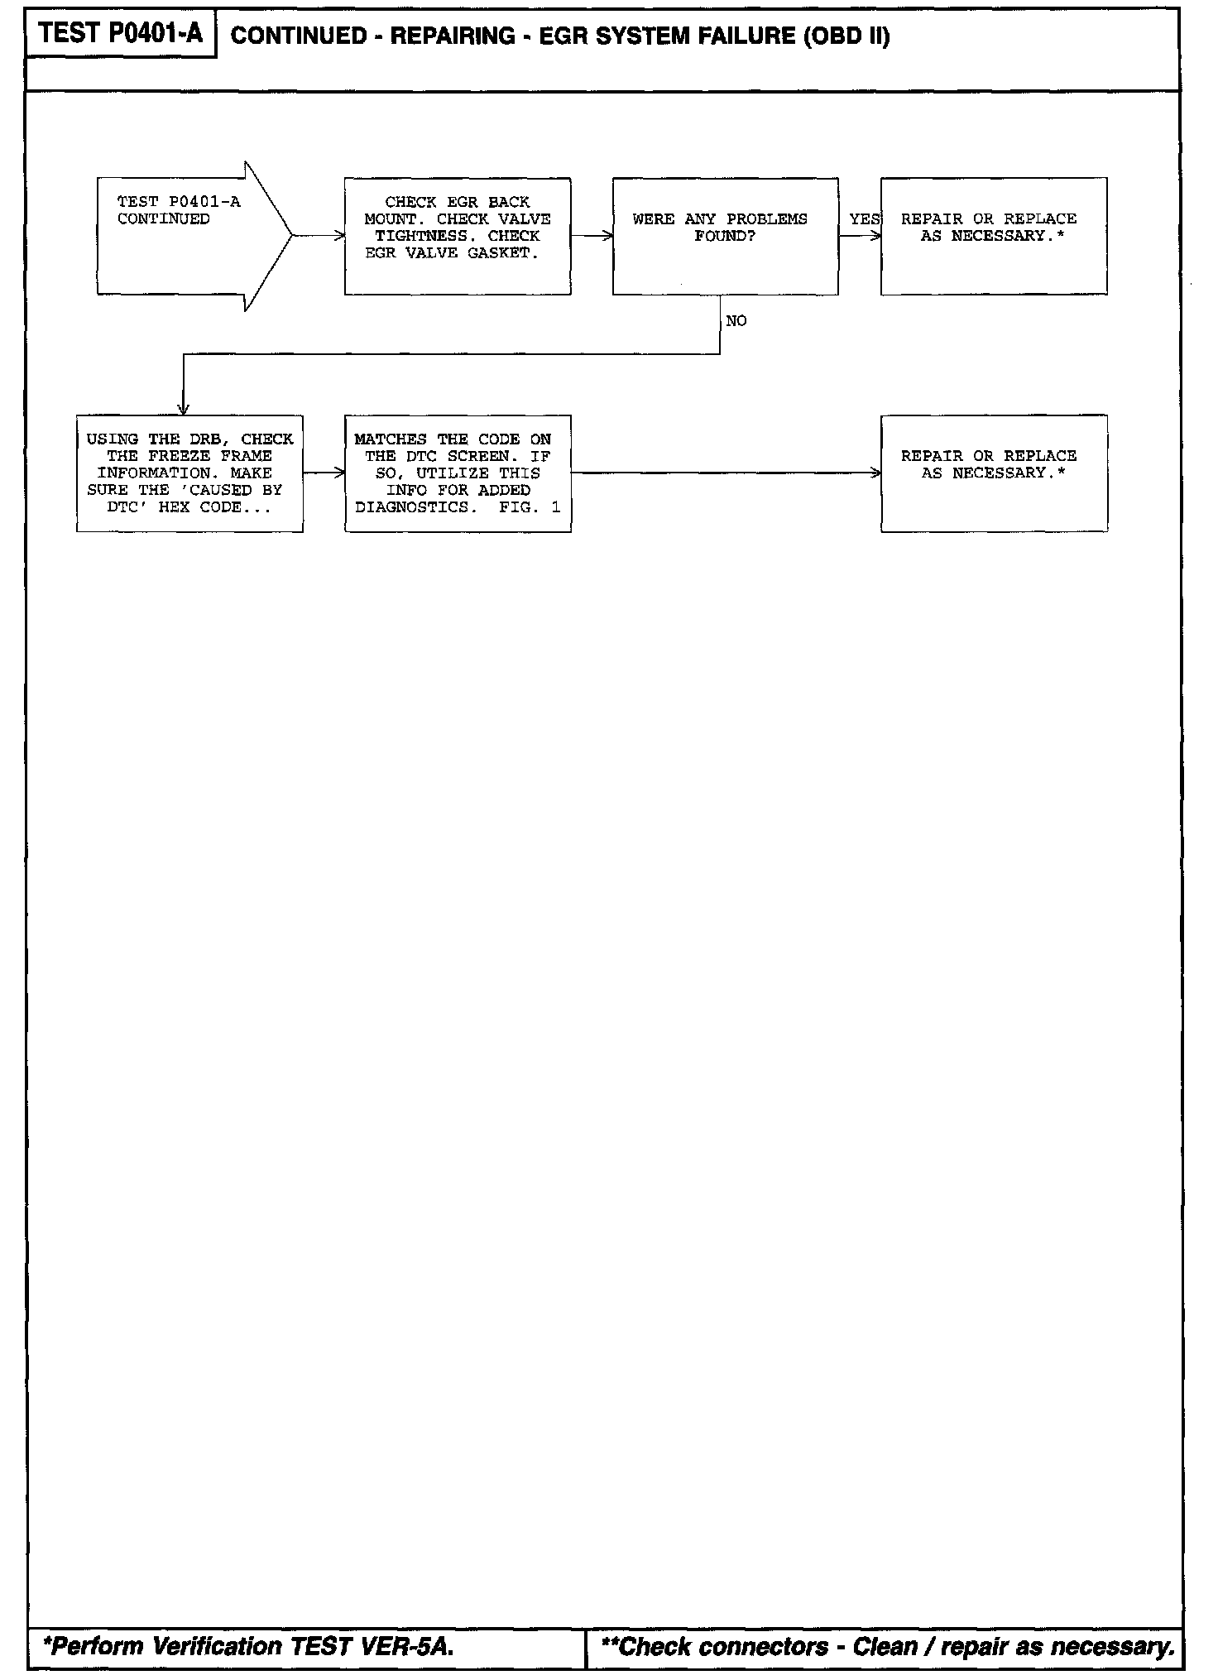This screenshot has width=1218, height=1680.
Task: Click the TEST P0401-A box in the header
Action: pyautogui.click(x=121, y=34)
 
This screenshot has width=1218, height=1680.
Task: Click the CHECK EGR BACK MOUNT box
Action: pyautogui.click(x=458, y=236)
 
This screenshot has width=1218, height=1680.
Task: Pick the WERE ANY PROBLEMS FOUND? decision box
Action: pyautogui.click(x=725, y=236)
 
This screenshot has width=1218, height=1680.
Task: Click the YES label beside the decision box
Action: pyautogui.click(x=864, y=219)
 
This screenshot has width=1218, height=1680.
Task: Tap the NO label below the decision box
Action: pyautogui.click(x=736, y=321)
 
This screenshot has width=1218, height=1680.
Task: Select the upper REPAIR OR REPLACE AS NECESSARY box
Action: pyautogui.click(x=994, y=236)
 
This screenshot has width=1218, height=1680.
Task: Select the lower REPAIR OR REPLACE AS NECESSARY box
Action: pyautogui.click(x=994, y=473)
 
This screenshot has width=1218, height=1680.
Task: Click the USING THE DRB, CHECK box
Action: pyautogui.click(x=189, y=473)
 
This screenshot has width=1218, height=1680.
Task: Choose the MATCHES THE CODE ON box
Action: pyautogui.click(x=458, y=473)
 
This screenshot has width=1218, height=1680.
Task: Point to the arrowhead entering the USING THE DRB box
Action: pyautogui.click(x=184, y=409)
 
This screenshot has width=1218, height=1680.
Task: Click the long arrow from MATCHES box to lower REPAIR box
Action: pyautogui.click(x=725, y=473)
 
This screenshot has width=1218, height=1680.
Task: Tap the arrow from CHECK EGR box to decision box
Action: pyautogui.click(x=592, y=236)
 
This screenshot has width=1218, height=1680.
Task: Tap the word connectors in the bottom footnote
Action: pyautogui.click(x=763, y=1646)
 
